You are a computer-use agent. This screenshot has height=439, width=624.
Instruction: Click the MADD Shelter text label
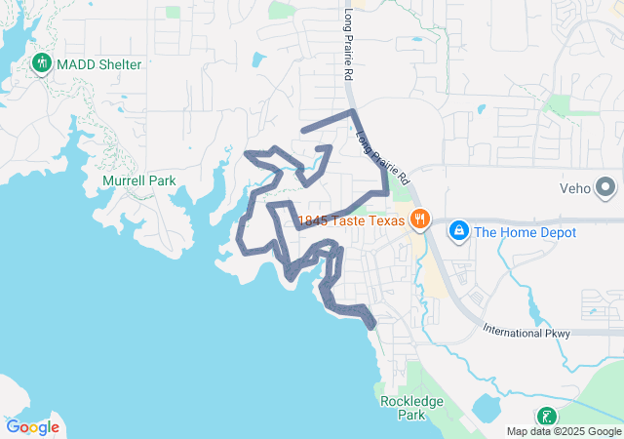[98, 64]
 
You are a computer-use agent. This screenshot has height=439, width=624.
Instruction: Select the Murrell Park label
[138, 180]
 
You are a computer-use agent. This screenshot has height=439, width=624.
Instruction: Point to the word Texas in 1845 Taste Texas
[384, 219]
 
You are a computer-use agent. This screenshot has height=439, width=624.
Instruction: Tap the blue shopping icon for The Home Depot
[456, 231]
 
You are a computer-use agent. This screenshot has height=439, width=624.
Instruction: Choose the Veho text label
[575, 187]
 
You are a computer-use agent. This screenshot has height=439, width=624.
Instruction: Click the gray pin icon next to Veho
[605, 186]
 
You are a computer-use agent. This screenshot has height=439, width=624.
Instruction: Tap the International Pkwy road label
[526, 333]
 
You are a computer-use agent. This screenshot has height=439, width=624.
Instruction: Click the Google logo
[32, 427]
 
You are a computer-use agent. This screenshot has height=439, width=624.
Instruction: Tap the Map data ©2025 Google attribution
[563, 431]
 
